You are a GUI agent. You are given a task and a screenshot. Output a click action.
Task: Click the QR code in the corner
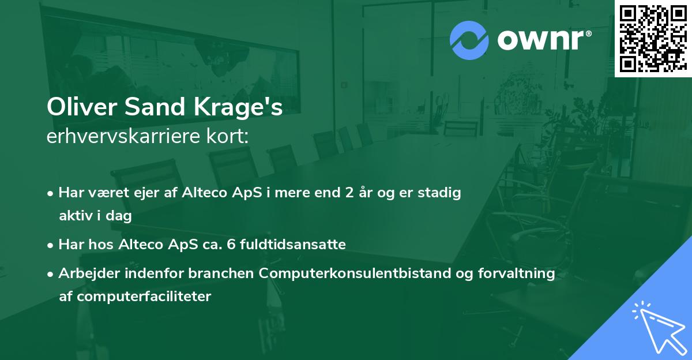pos(653,38)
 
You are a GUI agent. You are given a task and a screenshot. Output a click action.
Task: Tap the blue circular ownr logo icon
pos(469,40)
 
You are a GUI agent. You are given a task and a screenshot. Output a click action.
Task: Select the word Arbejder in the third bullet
pos(85,273)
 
